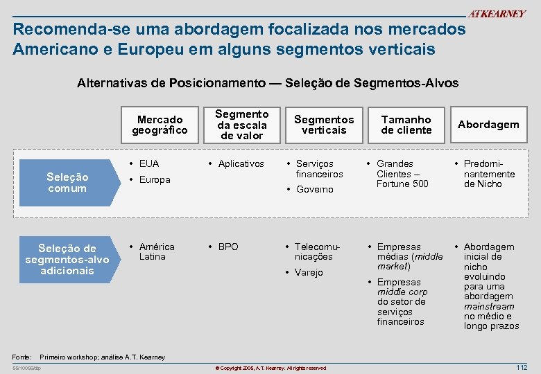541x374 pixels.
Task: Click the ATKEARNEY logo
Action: tap(497, 14)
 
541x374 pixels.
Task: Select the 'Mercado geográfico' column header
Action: tap(160, 125)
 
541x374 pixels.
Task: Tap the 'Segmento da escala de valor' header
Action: tap(241, 125)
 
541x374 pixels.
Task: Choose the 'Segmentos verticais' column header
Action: tap(324, 125)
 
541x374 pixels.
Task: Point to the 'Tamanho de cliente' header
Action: tap(406, 125)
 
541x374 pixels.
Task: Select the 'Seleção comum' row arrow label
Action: tap(67, 183)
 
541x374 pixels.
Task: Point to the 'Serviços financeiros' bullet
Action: tap(319, 169)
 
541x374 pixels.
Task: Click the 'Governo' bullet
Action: tap(314, 190)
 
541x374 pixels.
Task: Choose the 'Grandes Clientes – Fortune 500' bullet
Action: tap(401, 174)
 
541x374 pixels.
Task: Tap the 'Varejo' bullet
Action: tap(309, 273)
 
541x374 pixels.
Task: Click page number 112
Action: tap(522, 366)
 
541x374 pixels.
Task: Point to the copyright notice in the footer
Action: tap(270, 368)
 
